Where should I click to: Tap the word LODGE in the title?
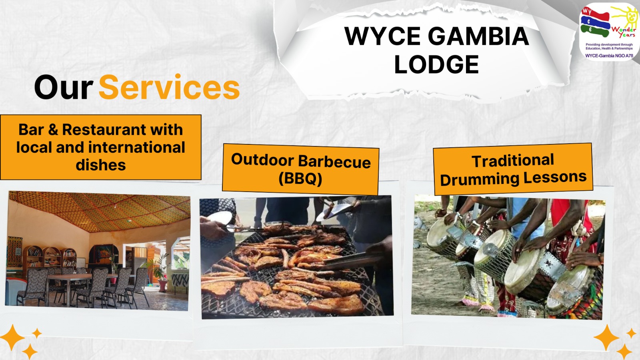[436, 64]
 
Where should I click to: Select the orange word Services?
[169, 87]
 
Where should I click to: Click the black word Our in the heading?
[64, 88]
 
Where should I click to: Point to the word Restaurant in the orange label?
[104, 130]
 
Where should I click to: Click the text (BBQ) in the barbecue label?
[300, 178]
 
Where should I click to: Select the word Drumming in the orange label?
[480, 180]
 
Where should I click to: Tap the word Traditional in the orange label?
[512, 160]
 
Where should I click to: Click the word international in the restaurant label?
[136, 148]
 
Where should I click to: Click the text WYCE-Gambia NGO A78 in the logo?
[609, 56]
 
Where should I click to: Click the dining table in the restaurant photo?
[77, 278]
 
